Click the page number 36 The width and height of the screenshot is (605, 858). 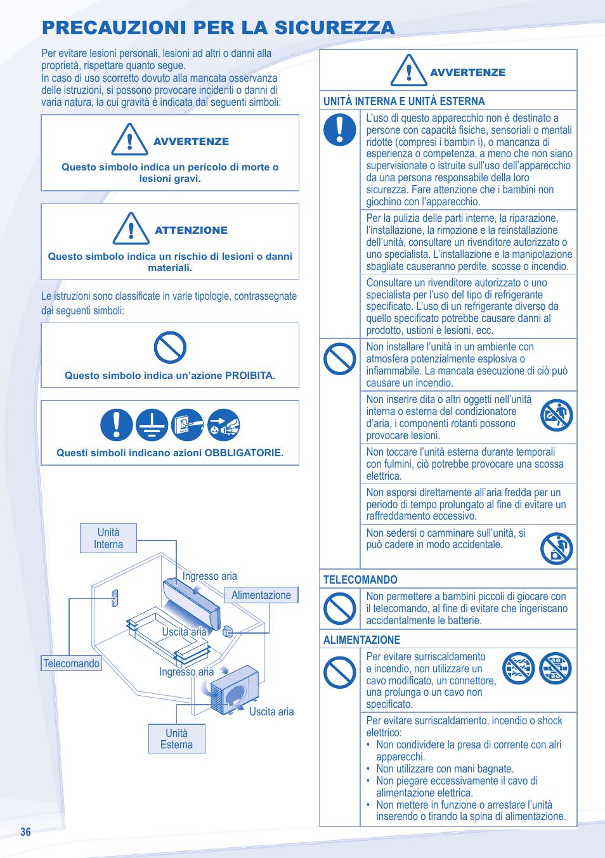coord(25,832)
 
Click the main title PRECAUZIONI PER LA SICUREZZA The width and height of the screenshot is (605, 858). coord(218,28)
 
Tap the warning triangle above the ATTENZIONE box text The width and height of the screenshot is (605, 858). coord(131,229)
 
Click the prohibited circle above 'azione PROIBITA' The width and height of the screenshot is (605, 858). coord(170,347)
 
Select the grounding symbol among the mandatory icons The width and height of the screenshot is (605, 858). coord(152,425)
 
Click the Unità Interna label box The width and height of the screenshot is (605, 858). coord(108,538)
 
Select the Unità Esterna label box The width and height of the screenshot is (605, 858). coord(177,738)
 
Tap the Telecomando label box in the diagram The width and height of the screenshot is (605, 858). coord(72,663)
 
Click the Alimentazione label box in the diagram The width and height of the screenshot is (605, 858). coord(261,595)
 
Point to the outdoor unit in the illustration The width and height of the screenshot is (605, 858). coord(235,689)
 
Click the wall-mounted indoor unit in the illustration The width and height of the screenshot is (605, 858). coord(192,602)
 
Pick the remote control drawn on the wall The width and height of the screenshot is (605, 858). coord(115,598)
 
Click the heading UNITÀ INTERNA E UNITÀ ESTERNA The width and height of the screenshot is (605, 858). coord(404,101)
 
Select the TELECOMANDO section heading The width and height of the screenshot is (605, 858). coord(360,580)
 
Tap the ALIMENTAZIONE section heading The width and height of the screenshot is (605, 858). coord(361,640)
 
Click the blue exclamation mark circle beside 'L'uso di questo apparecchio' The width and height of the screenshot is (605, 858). coord(340,130)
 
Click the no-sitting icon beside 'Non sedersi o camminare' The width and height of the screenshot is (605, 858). coord(556,548)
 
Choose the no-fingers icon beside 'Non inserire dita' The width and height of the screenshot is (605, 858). coord(556,416)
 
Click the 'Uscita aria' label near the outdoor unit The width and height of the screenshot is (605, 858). coord(271,712)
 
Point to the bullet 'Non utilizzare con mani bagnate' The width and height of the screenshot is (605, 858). coord(445,769)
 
